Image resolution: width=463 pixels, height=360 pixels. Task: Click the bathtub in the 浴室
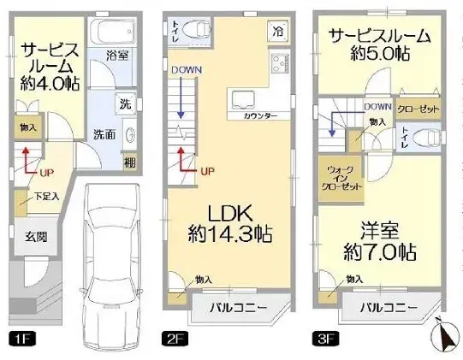109,35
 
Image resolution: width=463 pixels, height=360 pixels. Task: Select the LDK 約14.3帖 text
230,221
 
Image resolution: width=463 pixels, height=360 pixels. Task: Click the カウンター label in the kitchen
260,114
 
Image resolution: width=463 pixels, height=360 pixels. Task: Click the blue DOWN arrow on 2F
181,98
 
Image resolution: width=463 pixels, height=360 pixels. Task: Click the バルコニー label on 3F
387,307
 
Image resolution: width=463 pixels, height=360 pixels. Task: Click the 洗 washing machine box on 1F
125,105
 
